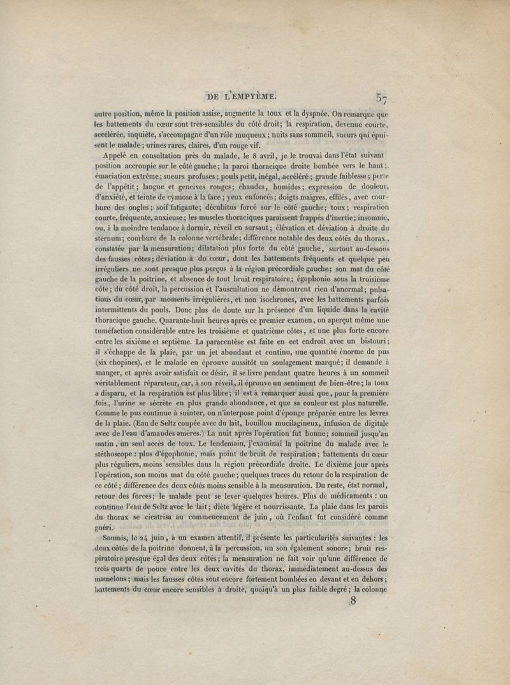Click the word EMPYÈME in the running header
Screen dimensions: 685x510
249,97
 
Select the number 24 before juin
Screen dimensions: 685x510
147,537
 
